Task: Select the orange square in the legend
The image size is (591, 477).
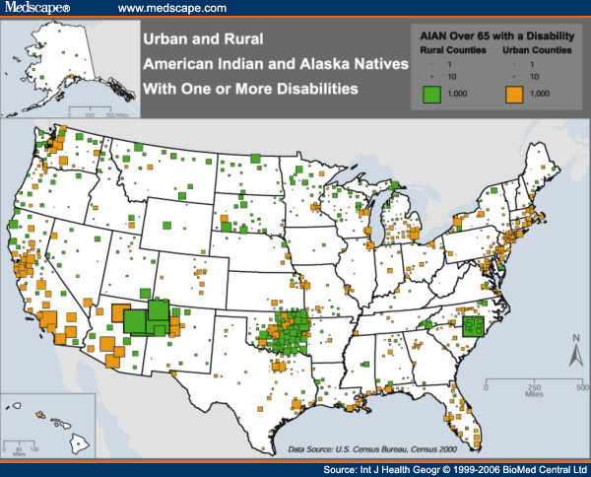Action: pos(514,94)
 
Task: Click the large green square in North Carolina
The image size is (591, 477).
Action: pos(475,326)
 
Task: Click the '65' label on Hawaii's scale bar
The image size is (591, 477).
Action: pos(23,449)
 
